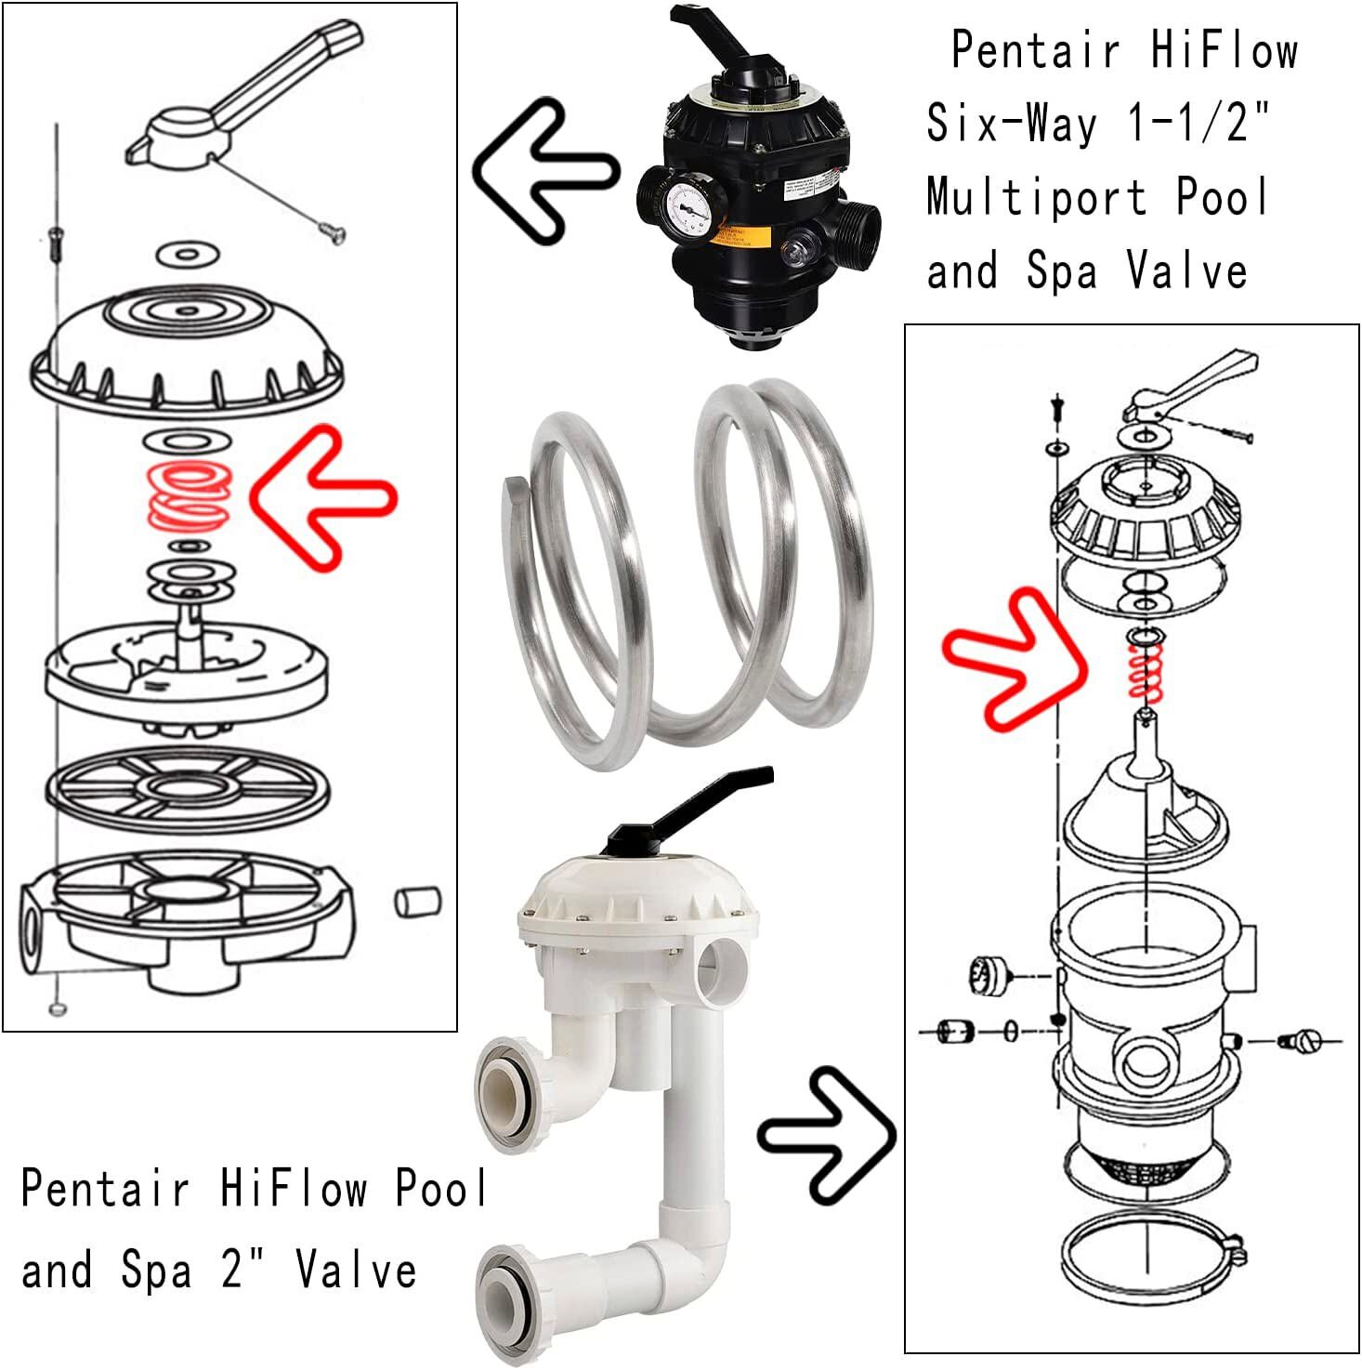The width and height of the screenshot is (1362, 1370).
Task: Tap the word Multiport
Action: (x=1036, y=197)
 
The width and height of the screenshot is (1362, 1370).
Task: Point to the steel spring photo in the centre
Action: (x=688, y=576)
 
